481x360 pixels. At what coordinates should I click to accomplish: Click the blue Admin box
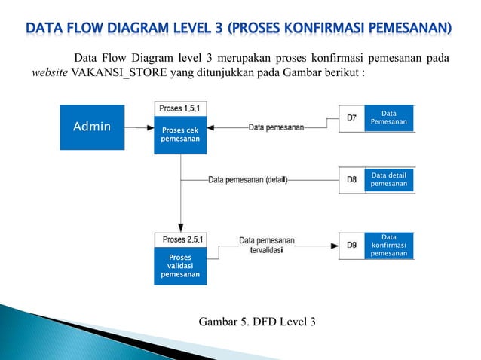tap(92, 127)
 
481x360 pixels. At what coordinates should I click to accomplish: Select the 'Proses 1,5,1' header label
tap(179, 109)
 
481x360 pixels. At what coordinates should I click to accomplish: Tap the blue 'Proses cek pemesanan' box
tap(179, 135)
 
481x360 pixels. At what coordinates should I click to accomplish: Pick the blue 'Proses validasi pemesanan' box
tap(180, 266)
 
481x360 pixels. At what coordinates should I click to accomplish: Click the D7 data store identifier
tap(352, 117)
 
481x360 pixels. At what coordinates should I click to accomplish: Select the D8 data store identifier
tap(352, 180)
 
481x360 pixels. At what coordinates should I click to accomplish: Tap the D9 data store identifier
tap(352, 245)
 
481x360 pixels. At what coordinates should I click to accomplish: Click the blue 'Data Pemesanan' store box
tap(389, 117)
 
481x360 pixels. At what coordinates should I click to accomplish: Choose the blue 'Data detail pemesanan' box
tap(389, 179)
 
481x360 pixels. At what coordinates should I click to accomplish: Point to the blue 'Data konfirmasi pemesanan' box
tap(389, 246)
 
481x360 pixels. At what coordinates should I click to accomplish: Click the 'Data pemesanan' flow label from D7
tap(276, 127)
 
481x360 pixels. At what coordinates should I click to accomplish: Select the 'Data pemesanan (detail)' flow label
tap(247, 180)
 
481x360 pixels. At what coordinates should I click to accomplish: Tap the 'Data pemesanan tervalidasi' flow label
tap(267, 245)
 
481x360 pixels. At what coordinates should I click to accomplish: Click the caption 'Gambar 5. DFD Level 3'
tap(257, 322)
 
